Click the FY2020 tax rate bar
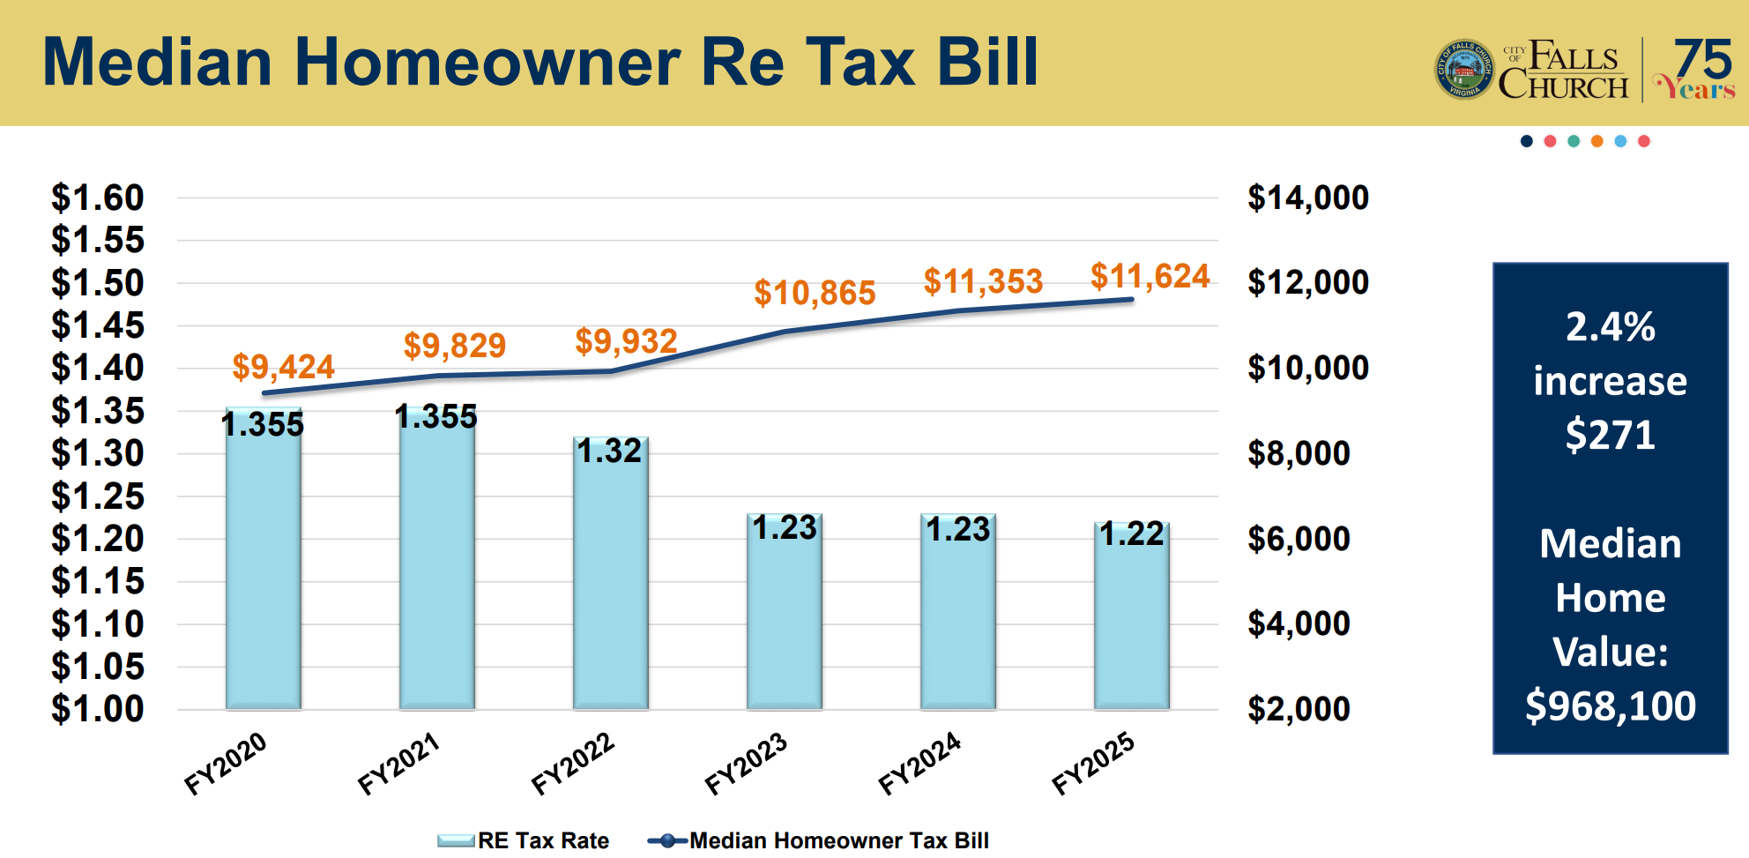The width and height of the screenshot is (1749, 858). (263, 564)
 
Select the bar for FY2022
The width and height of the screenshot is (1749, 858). (610, 578)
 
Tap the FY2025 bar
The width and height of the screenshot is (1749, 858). (1132, 617)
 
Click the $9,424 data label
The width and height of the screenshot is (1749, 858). (283, 367)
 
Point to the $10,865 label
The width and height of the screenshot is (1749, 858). (815, 293)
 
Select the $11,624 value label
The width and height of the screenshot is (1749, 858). (1150, 276)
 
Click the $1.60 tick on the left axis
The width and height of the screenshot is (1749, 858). (97, 198)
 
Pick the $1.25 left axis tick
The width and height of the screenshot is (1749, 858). (97, 496)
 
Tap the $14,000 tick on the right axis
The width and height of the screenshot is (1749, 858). (1307, 198)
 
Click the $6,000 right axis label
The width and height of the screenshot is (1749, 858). (1299, 538)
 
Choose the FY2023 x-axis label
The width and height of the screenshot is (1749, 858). (746, 763)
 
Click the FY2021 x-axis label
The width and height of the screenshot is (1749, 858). (398, 763)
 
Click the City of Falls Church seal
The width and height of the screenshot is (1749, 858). (1463, 70)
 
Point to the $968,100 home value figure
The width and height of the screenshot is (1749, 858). (1610, 705)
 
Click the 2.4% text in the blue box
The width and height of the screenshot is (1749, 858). (1610, 326)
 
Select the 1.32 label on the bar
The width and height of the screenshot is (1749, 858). (609, 451)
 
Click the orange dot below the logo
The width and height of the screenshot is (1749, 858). (1596, 141)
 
